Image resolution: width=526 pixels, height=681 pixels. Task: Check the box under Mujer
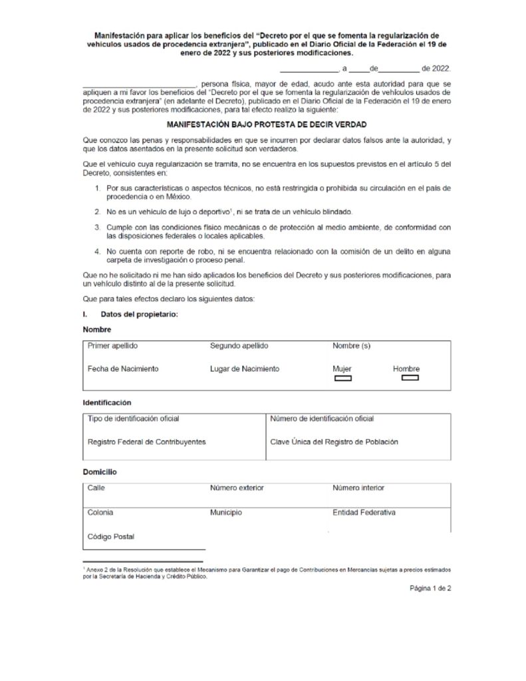pos(342,379)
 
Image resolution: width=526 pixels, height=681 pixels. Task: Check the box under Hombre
pos(410,379)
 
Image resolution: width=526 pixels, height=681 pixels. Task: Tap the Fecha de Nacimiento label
pos(123,368)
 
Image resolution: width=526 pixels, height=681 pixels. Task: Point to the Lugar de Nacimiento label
pos(244,368)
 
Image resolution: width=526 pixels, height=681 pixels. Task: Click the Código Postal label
pos(110,536)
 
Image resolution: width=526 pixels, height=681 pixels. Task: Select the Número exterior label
pos(237,487)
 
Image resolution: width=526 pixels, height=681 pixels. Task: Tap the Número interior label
pos(358,487)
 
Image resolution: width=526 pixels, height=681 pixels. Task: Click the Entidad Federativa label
pos(364,513)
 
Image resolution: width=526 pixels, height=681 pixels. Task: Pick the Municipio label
pos(226,513)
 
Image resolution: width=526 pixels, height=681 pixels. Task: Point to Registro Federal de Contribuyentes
pos(146,441)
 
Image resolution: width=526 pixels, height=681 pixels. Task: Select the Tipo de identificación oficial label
pos(133,418)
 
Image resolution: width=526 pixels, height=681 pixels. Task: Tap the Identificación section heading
pos(106,402)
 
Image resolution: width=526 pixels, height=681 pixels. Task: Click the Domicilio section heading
pos(100,472)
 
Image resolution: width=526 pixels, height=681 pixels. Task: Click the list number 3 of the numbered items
pos(96,227)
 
